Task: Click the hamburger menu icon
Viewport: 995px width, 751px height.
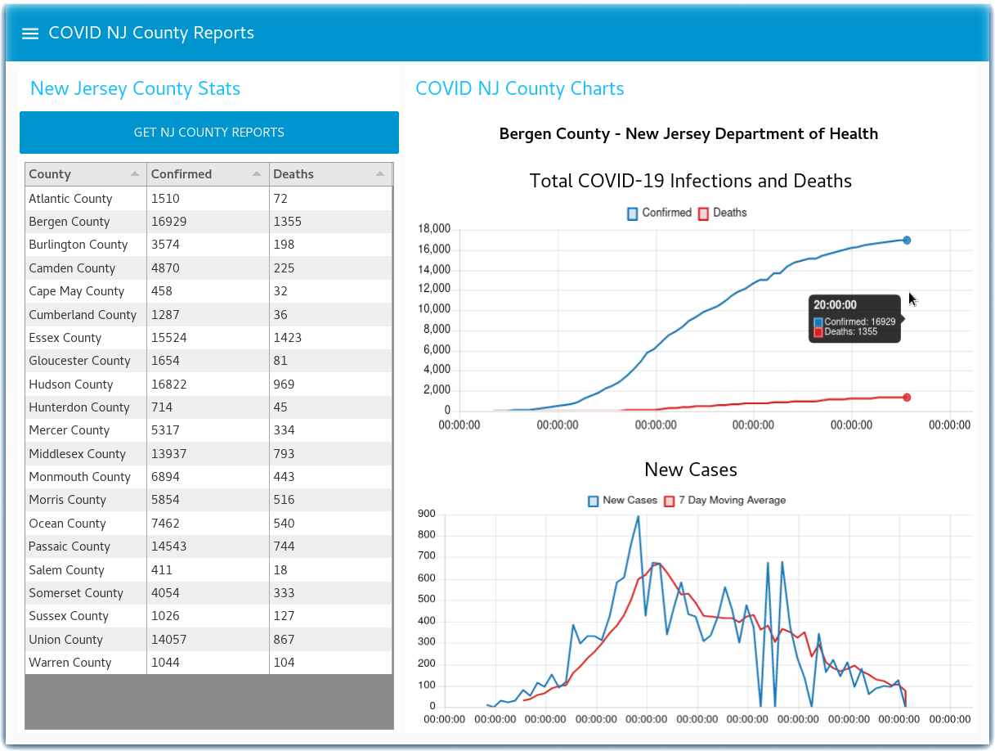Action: click(30, 34)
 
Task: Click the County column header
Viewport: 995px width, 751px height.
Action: click(50, 174)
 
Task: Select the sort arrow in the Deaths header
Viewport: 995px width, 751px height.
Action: click(380, 174)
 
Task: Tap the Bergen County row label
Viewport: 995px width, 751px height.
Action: click(69, 222)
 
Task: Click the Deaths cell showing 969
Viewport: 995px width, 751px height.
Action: click(284, 384)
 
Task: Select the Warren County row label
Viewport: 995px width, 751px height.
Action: click(69, 663)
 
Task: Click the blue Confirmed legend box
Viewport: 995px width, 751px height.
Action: click(632, 214)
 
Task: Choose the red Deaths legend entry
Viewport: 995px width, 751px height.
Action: click(723, 213)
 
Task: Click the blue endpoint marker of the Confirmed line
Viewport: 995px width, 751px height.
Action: click(907, 241)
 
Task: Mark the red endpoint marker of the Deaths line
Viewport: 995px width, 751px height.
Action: click(907, 398)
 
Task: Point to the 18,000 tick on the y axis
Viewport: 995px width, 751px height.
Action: click(434, 229)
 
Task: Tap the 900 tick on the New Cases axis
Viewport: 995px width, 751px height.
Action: click(449, 515)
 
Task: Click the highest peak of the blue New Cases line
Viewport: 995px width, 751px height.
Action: click(638, 516)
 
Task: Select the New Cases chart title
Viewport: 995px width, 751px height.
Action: click(691, 470)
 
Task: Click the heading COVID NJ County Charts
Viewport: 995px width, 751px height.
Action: click(519, 88)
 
